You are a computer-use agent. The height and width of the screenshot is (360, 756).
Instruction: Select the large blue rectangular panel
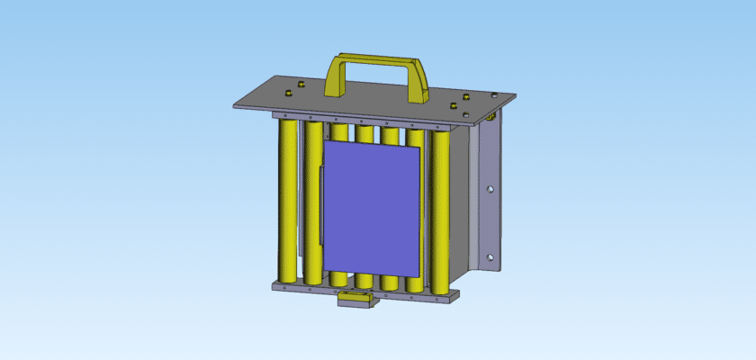[x=373, y=207]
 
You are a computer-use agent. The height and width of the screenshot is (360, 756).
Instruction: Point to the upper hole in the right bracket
[x=490, y=190]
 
